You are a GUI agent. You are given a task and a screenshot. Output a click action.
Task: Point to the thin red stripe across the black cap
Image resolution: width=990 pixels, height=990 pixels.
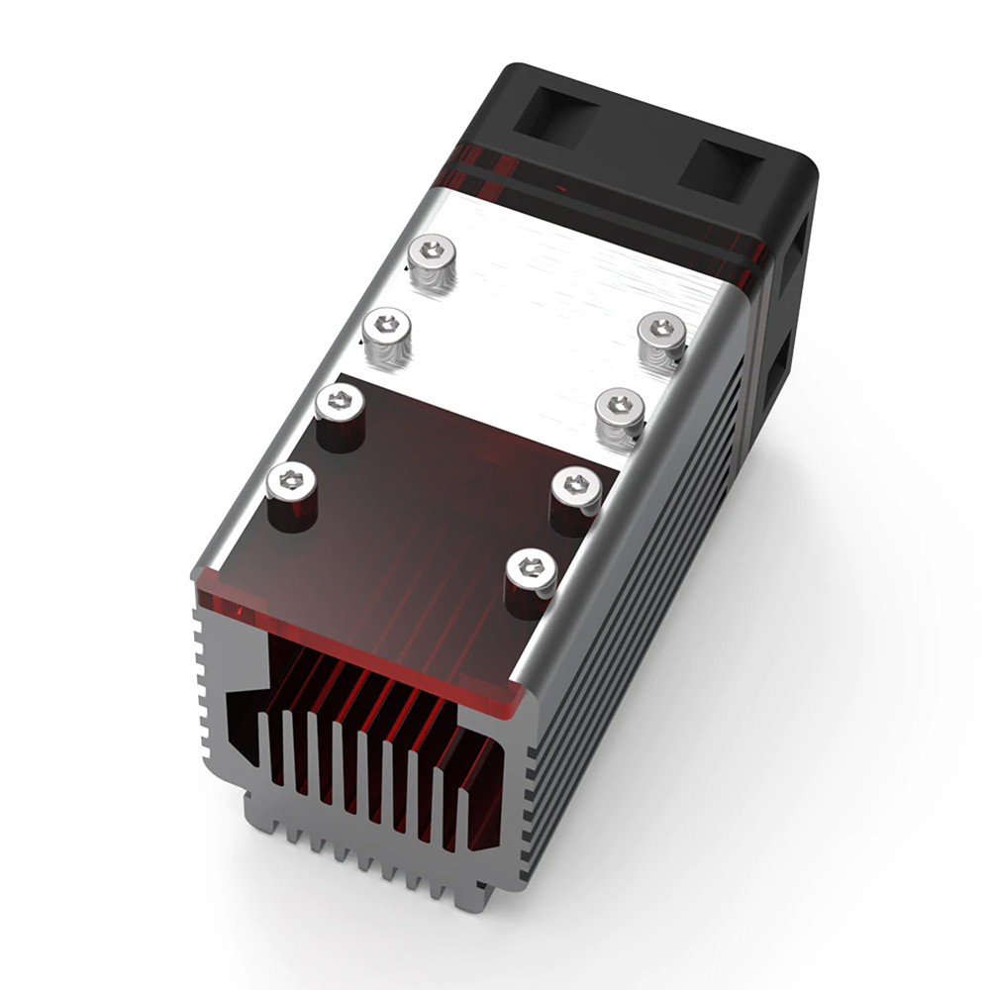point(614,203)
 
